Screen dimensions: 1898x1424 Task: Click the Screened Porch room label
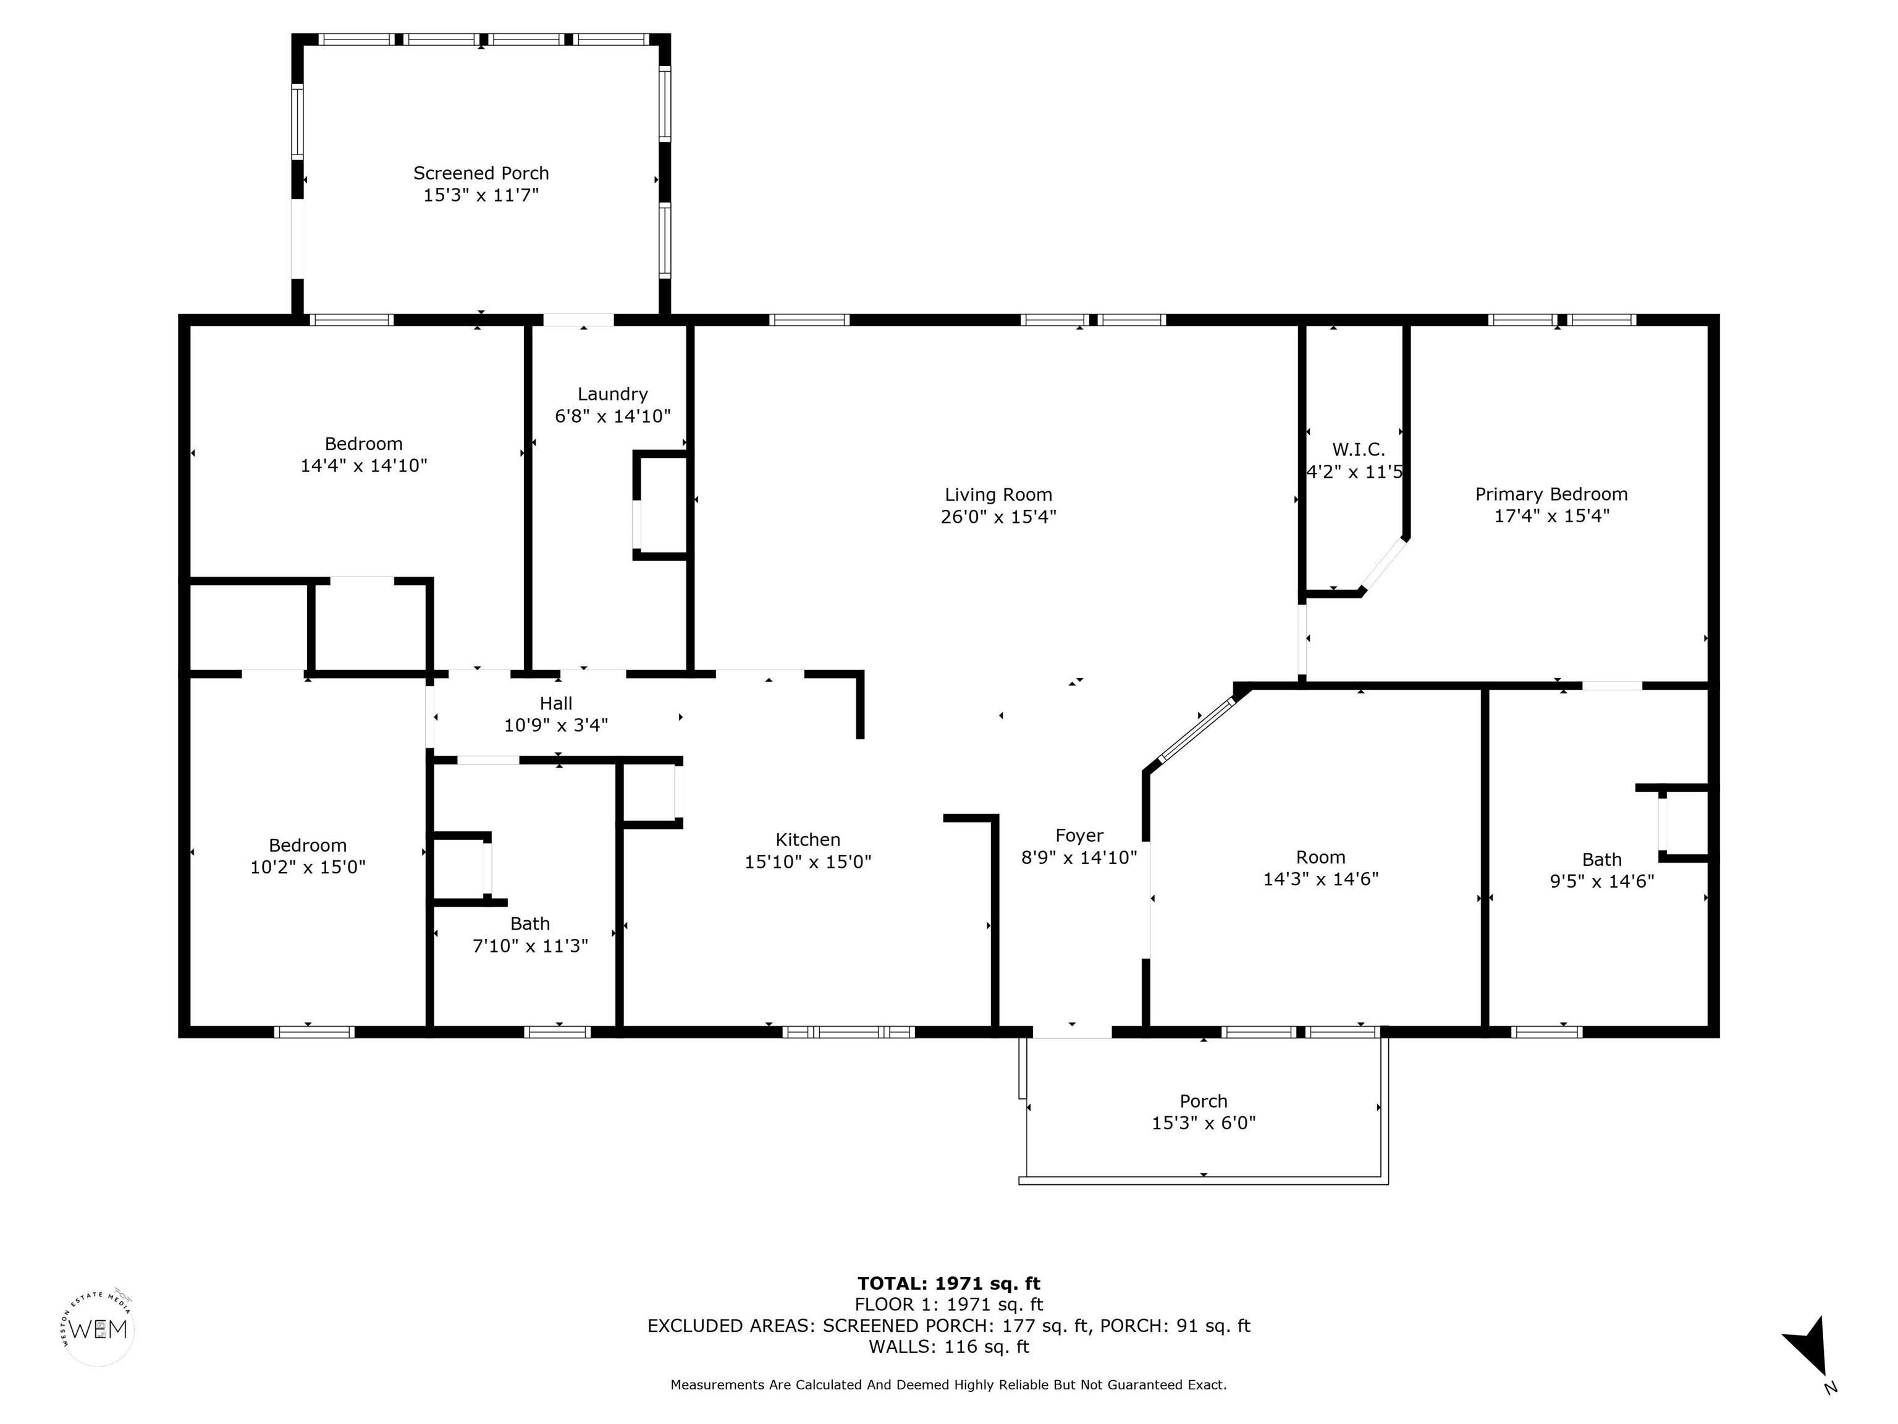pyautogui.click(x=481, y=174)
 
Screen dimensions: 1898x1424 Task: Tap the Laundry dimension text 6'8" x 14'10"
pyautogui.click(x=613, y=417)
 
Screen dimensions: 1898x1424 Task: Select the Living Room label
pyautogui.click(x=998, y=495)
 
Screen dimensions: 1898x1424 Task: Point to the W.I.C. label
pyautogui.click(x=1358, y=450)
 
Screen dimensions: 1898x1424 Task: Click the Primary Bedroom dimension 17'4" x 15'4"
pyautogui.click(x=1551, y=516)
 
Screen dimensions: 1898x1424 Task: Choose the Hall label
pyautogui.click(x=556, y=704)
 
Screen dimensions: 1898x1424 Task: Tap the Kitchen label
pyautogui.click(x=808, y=841)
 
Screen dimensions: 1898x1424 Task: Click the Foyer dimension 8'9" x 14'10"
pyautogui.click(x=1079, y=857)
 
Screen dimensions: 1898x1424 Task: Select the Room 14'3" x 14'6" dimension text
pyautogui.click(x=1320, y=879)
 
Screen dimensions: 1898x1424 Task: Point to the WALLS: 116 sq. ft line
pyautogui.click(x=949, y=1347)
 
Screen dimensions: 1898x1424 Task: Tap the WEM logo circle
pyautogui.click(x=99, y=1329)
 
